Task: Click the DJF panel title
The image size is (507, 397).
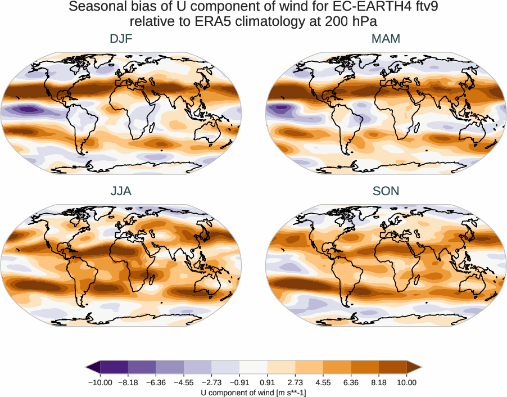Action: pyautogui.click(x=121, y=39)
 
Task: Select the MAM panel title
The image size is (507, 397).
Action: pyautogui.click(x=386, y=39)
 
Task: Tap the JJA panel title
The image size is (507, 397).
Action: pyautogui.click(x=121, y=191)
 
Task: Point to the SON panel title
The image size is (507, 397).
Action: pyautogui.click(x=386, y=191)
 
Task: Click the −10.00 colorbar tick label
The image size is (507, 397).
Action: pyautogui.click(x=101, y=382)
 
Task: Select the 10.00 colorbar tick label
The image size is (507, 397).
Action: pyautogui.click(x=407, y=382)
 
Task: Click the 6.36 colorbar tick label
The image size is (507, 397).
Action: pyautogui.click(x=351, y=382)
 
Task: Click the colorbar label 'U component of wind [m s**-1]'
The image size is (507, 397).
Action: pyautogui.click(x=254, y=393)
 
